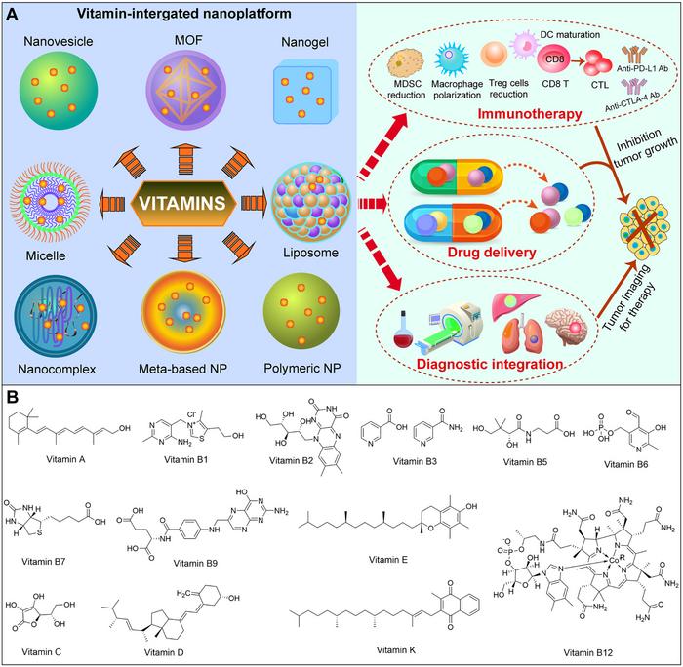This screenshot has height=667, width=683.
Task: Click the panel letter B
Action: coord(13,397)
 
